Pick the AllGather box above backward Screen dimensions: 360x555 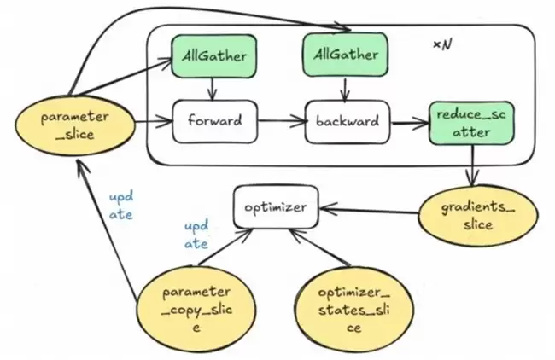(x=343, y=56)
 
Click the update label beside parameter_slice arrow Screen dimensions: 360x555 (x=120, y=204)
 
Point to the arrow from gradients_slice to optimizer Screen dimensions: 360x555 (x=367, y=211)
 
